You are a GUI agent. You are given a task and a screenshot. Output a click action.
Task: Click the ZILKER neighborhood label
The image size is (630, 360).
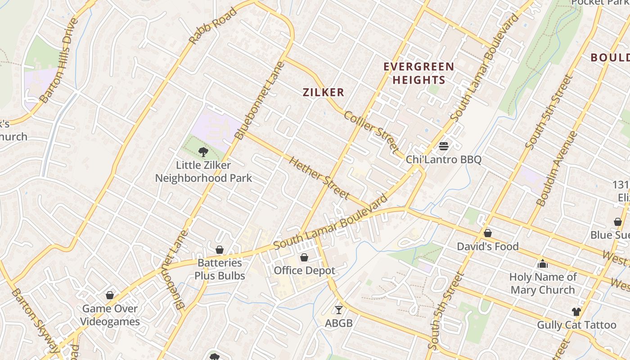[x=323, y=93]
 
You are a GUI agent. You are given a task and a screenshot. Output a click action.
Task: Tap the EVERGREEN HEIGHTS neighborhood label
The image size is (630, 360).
[x=418, y=73]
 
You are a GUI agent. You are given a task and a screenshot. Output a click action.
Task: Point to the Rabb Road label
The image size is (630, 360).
[x=213, y=26]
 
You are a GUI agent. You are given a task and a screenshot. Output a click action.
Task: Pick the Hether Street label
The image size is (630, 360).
[x=319, y=177]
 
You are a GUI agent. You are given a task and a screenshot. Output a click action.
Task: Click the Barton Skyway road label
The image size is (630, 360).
[x=34, y=320]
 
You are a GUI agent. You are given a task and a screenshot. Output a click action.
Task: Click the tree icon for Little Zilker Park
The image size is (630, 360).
[x=203, y=152]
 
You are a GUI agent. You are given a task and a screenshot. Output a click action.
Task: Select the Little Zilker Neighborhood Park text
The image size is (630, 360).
[x=203, y=171]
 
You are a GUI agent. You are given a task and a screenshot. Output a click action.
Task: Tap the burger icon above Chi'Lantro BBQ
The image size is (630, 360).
[x=444, y=146]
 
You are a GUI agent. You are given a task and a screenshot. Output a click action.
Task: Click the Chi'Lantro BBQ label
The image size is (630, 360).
[x=444, y=160]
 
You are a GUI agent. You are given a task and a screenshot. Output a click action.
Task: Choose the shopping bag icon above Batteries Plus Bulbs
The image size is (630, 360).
[x=220, y=250]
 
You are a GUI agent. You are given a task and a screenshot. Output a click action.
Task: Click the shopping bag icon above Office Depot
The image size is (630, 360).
[x=304, y=257]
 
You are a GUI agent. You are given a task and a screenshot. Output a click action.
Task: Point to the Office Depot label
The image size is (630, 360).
[x=305, y=270]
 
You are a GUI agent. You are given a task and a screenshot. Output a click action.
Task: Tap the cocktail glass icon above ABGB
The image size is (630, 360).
[x=339, y=310]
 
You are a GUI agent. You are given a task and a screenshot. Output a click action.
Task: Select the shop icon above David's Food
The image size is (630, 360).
[x=487, y=233]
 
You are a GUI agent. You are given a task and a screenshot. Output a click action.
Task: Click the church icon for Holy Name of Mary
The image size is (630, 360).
[x=543, y=264]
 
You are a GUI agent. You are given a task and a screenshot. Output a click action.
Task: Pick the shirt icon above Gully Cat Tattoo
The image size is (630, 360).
[x=576, y=311]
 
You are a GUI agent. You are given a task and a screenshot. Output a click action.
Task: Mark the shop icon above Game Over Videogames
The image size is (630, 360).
[x=110, y=295]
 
